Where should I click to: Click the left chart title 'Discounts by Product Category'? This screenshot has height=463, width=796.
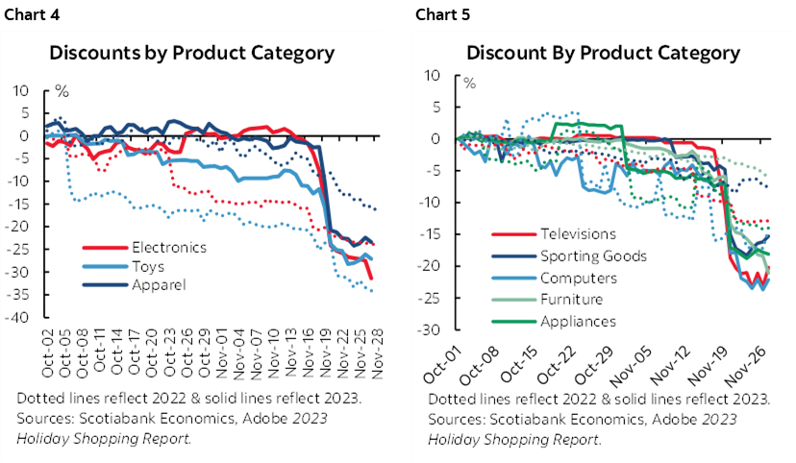192,53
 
